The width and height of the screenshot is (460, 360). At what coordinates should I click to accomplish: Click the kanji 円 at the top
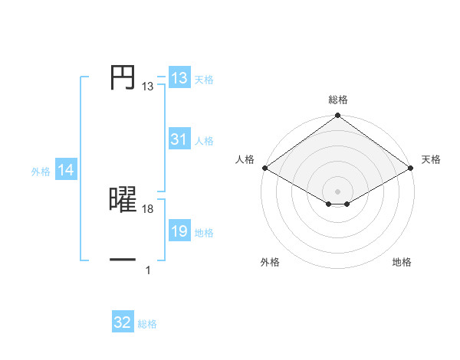pos(123,79)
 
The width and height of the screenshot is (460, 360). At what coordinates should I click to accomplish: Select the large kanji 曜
pos(123,201)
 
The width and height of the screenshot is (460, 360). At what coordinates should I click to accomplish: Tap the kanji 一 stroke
pos(123,260)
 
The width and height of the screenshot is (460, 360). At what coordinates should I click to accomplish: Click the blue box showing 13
pos(179,78)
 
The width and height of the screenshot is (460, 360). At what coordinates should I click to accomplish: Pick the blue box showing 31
pos(179,139)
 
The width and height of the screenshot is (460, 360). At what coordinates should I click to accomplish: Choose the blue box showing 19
pos(179,231)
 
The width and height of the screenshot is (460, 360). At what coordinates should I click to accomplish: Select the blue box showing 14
pos(66,171)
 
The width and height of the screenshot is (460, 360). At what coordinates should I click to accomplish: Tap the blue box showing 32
pos(123,322)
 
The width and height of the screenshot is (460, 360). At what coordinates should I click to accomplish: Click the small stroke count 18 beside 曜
pos(148,209)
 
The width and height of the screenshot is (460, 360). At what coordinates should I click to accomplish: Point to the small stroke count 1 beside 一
pos(148,270)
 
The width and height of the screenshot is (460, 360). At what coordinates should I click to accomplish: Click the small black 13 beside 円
pos(147,87)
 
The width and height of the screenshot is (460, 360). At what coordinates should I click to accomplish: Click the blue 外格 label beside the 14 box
pos(41,172)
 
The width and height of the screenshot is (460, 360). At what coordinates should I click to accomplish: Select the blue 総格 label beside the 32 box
pos(147,324)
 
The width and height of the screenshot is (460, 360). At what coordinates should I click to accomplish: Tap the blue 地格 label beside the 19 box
pos(204,233)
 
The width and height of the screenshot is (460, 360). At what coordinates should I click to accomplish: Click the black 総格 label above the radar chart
pos(338,100)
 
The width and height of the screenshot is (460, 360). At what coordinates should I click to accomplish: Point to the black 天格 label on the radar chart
pos(431,159)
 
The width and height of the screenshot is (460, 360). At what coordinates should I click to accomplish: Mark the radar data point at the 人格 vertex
pos(264,168)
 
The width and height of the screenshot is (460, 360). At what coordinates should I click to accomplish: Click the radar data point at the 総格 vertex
pos(338,116)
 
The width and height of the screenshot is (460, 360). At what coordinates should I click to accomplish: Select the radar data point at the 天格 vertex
pos(412,168)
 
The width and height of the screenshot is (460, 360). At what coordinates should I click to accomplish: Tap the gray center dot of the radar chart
pos(338,191)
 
